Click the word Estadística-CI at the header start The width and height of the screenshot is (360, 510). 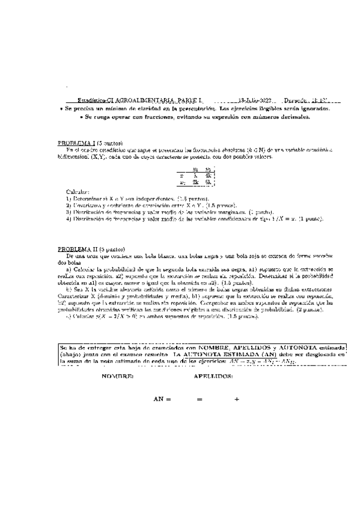coord(86,100)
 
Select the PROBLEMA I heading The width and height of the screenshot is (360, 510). coord(75,144)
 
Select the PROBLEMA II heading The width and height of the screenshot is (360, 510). coord(75,248)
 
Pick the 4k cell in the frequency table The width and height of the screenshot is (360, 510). coord(208,174)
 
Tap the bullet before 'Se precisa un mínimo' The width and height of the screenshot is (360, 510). coord(61,109)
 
